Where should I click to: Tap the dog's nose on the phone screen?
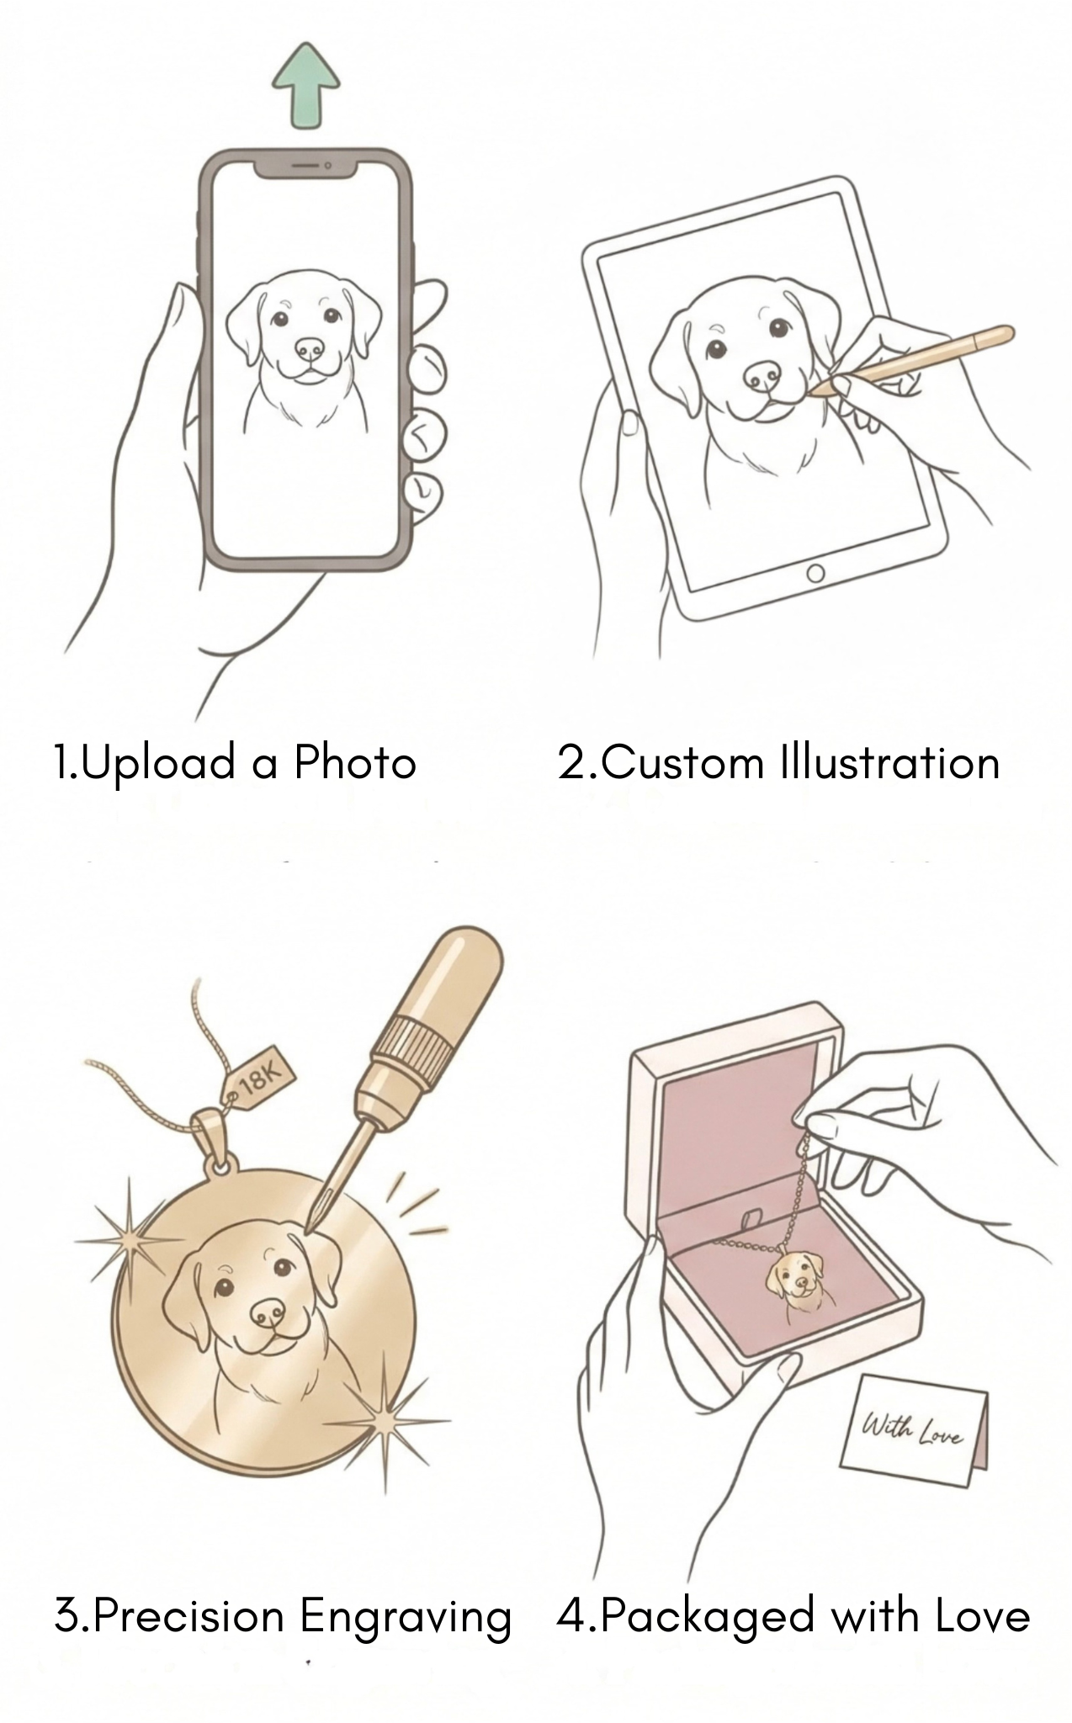pos(309,348)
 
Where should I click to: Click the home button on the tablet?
pos(815,574)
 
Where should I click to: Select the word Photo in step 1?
pos(354,763)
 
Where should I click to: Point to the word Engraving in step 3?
pos(406,1618)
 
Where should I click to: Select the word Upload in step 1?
pos(157,764)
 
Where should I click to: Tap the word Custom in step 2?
pos(682,763)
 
